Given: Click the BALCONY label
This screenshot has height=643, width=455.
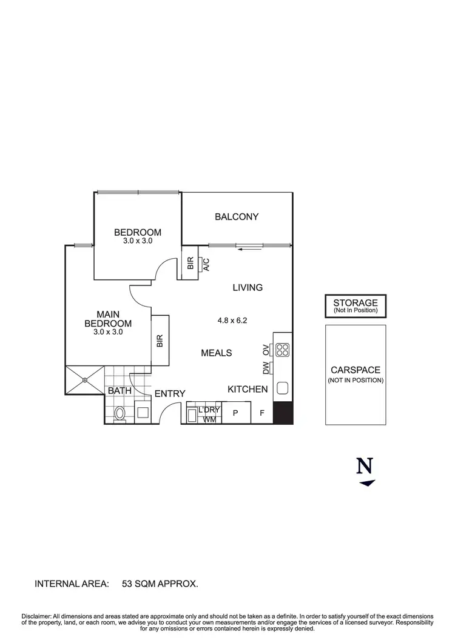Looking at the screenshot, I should coord(237,216).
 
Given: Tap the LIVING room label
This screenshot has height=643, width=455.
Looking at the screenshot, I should coord(248,287).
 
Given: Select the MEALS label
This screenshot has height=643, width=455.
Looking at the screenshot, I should coord(217,353).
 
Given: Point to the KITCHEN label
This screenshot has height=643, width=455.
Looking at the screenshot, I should coord(248,389).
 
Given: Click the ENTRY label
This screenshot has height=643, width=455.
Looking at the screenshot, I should coord(170,393).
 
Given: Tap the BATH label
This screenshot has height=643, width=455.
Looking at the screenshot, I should coord(120,391).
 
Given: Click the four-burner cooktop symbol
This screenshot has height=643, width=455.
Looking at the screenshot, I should coord(283,349).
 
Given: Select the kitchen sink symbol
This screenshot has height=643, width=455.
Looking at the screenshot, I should coord(283,388).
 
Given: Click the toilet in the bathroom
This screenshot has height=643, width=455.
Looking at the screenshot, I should coord(120,413).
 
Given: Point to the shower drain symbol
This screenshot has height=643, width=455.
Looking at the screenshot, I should coord(85,381).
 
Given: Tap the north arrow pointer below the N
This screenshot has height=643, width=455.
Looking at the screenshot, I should coord(367,483).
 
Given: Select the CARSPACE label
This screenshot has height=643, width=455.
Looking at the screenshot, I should coord(356,370).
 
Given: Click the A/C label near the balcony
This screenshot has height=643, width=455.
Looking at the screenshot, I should coord(206,264).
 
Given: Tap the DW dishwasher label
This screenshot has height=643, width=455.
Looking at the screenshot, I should coord(266,367).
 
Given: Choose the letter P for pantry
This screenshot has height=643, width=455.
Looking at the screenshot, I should coord(235,414).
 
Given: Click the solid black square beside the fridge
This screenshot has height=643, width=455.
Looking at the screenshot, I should coord(283,413).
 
